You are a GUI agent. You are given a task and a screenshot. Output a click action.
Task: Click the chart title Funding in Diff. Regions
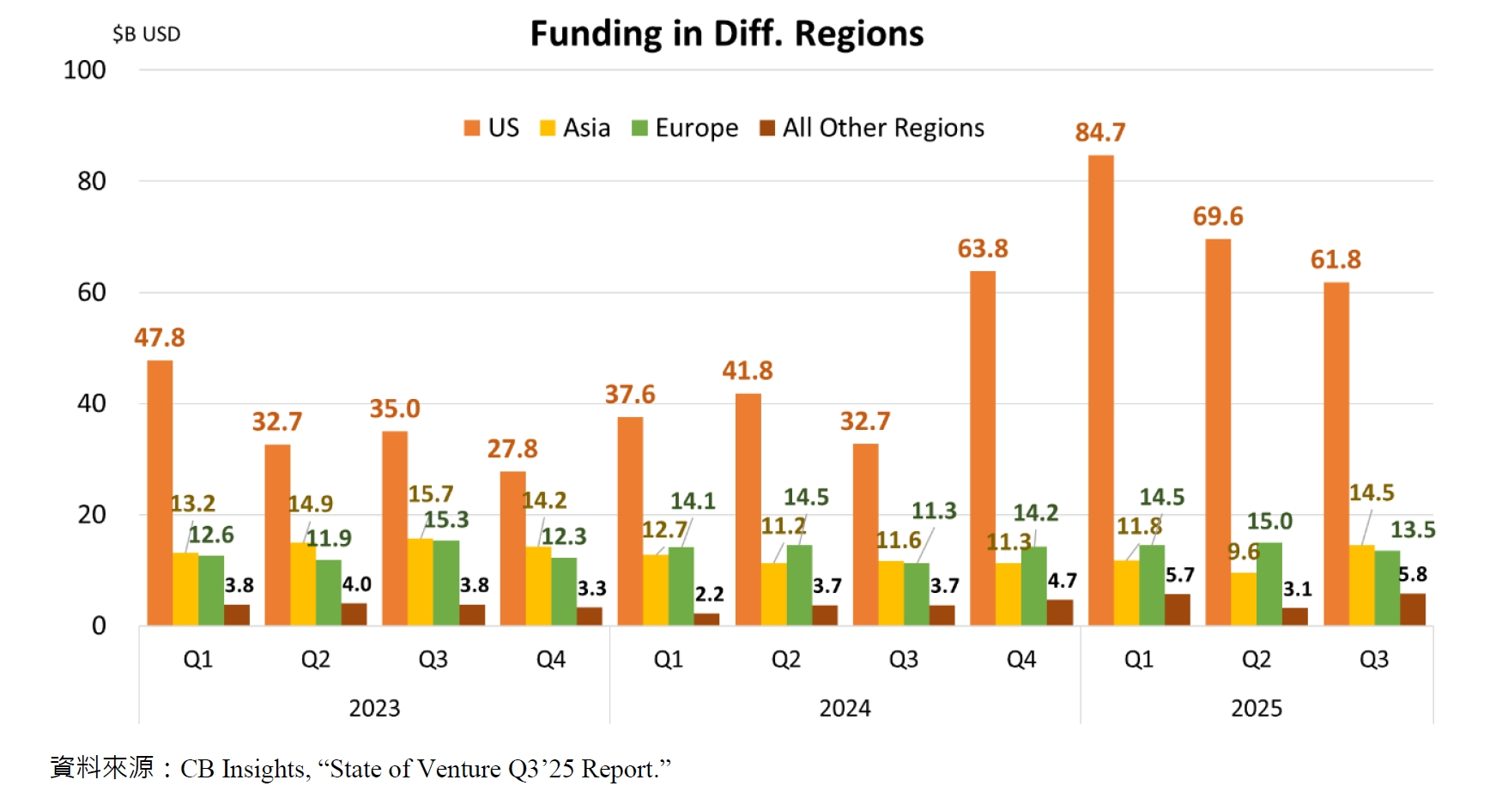coord(726,34)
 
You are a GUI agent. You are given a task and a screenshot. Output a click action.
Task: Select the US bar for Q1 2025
coord(1100,390)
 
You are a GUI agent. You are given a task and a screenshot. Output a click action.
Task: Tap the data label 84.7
coord(1099,132)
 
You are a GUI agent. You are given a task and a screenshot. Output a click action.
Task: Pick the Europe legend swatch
coord(639,128)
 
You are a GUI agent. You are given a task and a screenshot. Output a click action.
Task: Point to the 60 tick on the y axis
coord(91,293)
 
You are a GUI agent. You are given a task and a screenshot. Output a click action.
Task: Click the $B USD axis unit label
coord(146,34)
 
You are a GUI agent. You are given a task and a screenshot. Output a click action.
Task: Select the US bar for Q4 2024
coord(983,448)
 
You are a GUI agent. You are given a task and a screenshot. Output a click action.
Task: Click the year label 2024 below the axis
coord(845,708)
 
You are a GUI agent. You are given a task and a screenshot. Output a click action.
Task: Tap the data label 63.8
coord(983,249)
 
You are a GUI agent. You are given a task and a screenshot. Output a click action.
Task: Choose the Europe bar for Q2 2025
coord(1269,583)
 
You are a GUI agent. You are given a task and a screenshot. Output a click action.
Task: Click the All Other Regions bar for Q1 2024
coord(706,619)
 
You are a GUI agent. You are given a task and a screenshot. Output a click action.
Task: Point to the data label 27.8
coord(512,449)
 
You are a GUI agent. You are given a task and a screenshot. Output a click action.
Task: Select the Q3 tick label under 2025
coord(1373,659)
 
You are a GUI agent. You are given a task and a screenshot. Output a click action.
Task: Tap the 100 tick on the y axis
coord(84,70)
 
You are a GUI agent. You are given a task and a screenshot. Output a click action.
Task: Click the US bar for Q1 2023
coord(160,493)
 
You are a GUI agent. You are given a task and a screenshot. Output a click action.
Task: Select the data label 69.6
coord(1218,216)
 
